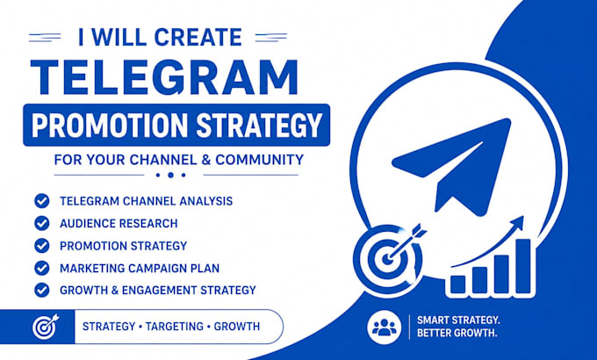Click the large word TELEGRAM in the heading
click(x=164, y=77)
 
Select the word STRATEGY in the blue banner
click(x=259, y=125)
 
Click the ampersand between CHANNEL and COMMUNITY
click(x=206, y=160)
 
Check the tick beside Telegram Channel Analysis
click(x=42, y=201)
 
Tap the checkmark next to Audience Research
click(x=42, y=223)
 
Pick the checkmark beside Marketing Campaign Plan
click(x=42, y=268)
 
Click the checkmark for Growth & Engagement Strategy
click(x=42, y=291)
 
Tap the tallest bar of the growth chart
click(x=523, y=266)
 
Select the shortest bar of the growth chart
click(x=457, y=284)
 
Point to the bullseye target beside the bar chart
click(x=387, y=259)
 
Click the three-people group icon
click(x=385, y=328)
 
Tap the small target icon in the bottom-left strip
click(x=46, y=327)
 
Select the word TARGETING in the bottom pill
click(x=175, y=327)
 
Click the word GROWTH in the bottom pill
click(x=237, y=327)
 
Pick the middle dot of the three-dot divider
click(x=171, y=176)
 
